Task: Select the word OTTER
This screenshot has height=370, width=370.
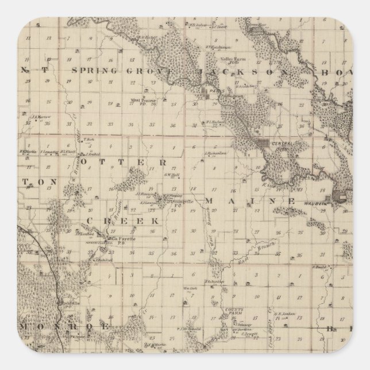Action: pyautogui.click(x=127, y=163)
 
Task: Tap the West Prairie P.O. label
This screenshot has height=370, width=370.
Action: pyautogui.click(x=144, y=102)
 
